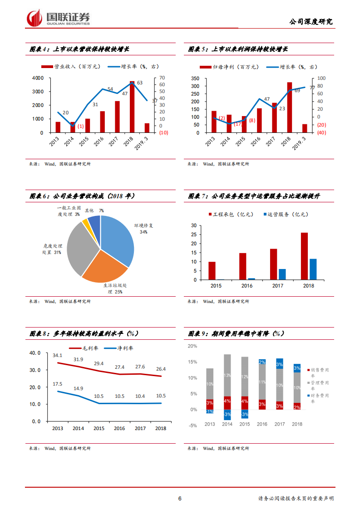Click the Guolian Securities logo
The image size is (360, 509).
[x=59, y=18]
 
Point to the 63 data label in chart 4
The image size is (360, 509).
[x=140, y=83]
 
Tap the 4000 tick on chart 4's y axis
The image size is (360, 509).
[x=38, y=78]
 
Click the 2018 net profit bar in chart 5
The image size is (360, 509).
[x=289, y=108]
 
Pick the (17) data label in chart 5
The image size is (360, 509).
[x=238, y=124]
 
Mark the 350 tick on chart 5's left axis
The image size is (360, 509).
[x=195, y=78]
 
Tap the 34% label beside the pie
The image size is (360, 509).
[x=143, y=232]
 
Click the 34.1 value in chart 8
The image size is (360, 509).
[x=58, y=356]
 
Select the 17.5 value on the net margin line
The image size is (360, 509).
[x=58, y=384]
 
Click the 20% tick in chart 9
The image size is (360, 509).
[x=192, y=346]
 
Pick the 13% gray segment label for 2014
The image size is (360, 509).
[x=227, y=376]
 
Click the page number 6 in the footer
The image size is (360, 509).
[x=180, y=499]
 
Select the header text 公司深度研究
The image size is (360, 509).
[x=311, y=21]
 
